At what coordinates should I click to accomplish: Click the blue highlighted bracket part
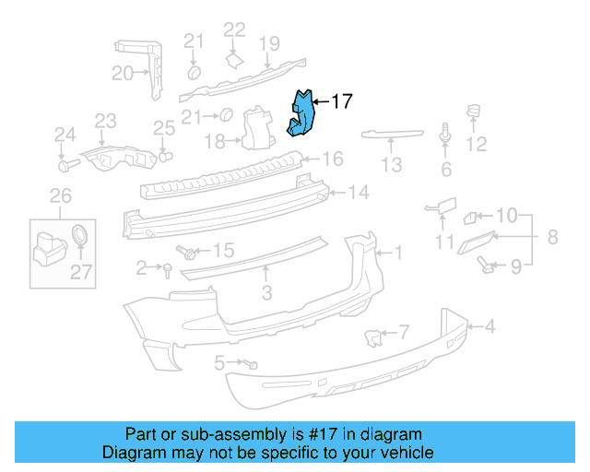pos(301,115)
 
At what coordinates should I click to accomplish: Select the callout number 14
pos(359,193)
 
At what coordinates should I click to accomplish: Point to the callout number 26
pos(60,195)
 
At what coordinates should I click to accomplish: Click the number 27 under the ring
pos(82,271)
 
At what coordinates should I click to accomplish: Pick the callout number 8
pos(552,237)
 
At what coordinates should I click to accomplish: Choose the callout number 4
pos(490,325)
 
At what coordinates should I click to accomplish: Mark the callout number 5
pos(218,363)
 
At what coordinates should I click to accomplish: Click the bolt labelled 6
pos(446,135)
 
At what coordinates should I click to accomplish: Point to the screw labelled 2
pos(167,269)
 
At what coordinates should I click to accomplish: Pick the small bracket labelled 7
pos(374,337)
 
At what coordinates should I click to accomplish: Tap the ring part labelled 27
pos(80,233)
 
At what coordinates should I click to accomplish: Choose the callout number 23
pos(106,121)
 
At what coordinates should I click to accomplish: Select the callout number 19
pos(268,42)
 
